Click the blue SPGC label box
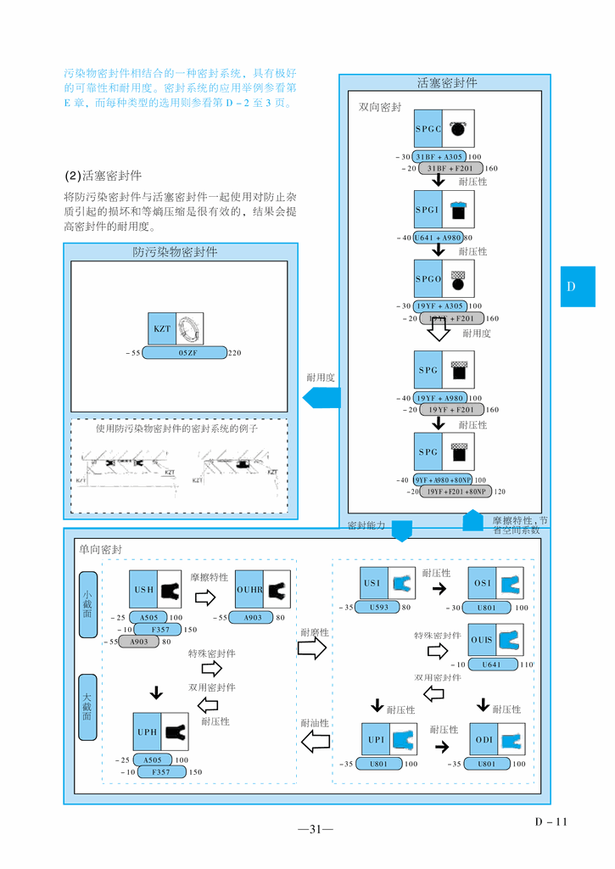(428, 129)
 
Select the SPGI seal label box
(428, 209)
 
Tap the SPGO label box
(428, 279)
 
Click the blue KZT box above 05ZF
(162, 328)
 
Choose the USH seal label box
(143, 589)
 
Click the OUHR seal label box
(249, 589)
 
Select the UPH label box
(147, 732)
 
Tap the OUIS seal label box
(481, 639)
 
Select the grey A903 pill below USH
(139, 642)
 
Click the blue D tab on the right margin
(577, 287)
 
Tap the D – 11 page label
(550, 821)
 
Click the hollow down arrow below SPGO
(438, 328)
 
